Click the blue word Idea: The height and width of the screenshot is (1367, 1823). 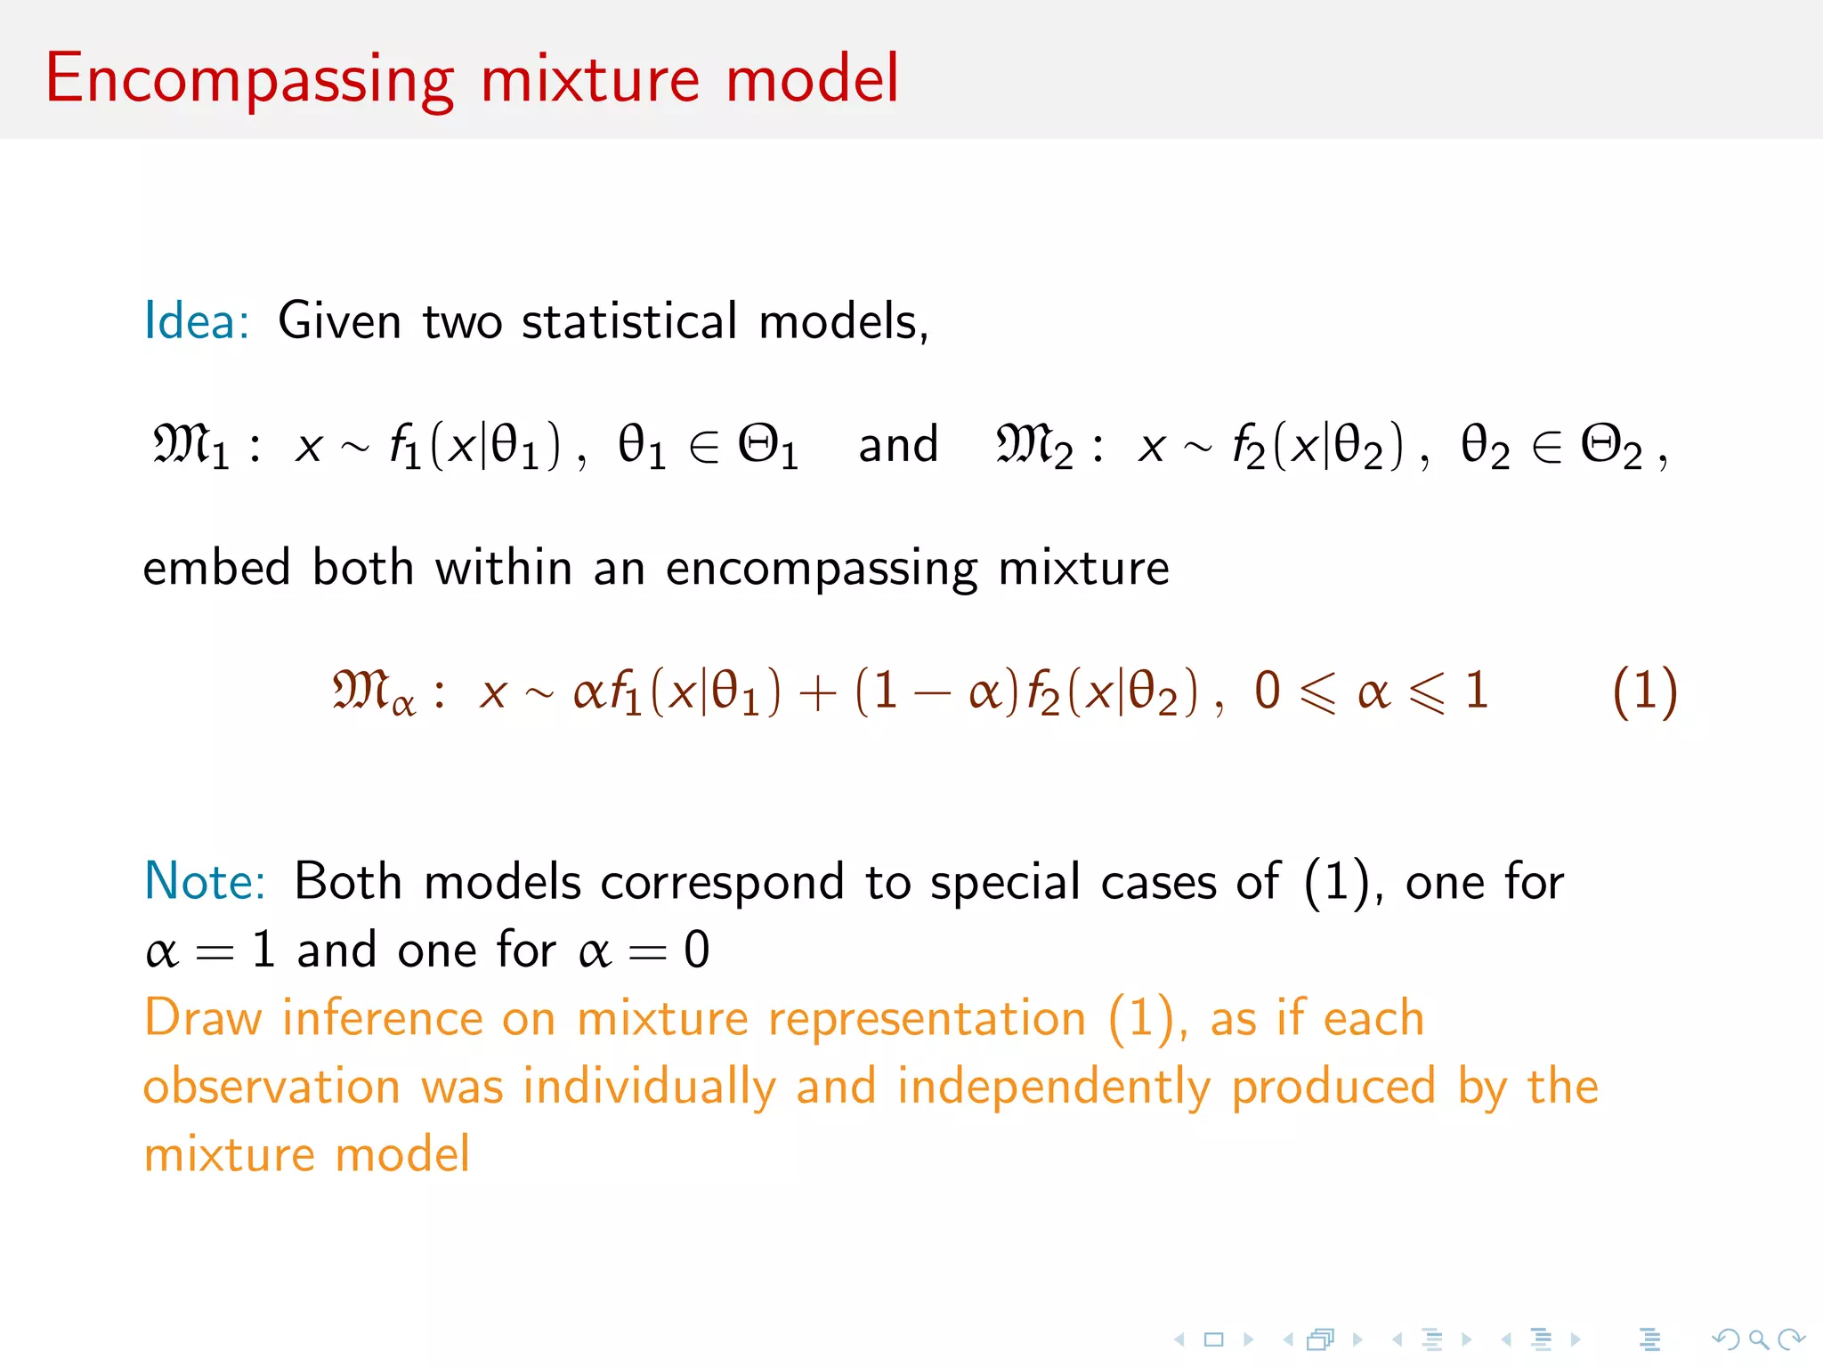pos(197,321)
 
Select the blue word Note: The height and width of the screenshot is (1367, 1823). pos(205,882)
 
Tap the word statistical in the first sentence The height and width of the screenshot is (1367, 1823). pos(629,321)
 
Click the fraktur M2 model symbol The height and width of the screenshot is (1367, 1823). pos(1033,445)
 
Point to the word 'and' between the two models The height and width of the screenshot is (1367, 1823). pos(897,445)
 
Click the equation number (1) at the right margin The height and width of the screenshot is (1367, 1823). pos(1644,692)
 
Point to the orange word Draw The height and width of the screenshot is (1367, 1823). pos(203,1018)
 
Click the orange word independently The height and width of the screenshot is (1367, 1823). pos(1054,1087)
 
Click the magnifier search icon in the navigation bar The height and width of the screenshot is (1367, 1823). pos(1758,1339)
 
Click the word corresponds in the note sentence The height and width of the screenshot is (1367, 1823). pos(721,882)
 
